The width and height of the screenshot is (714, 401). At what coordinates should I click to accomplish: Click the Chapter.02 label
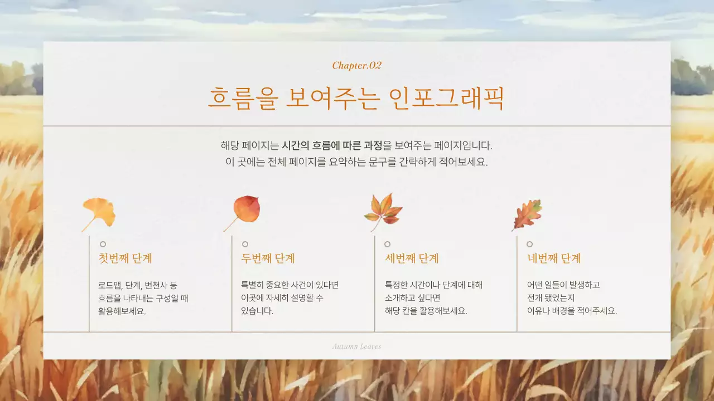tap(357, 65)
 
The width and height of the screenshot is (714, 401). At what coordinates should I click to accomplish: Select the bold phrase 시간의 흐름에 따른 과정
tap(332, 146)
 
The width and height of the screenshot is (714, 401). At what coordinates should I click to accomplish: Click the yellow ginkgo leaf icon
tap(99, 213)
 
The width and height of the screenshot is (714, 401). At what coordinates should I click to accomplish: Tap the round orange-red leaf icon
tap(245, 210)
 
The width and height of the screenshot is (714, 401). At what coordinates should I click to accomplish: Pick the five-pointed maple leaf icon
tap(384, 211)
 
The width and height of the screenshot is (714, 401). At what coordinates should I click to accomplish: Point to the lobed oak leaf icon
tap(527, 214)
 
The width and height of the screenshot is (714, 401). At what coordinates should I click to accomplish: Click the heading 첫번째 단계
tap(126, 258)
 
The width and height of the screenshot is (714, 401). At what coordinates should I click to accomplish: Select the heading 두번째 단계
tap(268, 258)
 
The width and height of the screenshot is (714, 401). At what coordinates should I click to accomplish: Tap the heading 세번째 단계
tap(412, 258)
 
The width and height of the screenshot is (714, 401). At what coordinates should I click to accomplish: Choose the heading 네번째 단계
tap(554, 258)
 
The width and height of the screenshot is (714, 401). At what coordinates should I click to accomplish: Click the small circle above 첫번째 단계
tap(103, 244)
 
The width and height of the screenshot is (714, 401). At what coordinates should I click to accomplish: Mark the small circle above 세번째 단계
tap(387, 244)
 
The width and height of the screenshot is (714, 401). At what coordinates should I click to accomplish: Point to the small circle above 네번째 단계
tap(529, 244)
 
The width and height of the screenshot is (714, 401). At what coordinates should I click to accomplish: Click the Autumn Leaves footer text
tap(357, 346)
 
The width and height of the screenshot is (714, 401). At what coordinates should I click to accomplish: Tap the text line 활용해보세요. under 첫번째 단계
tap(122, 311)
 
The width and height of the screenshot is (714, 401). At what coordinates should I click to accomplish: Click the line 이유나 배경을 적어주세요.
tap(572, 311)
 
